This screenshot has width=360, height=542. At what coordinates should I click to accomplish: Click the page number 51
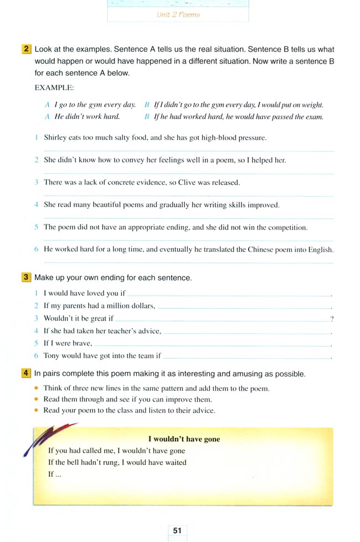[x=177, y=530]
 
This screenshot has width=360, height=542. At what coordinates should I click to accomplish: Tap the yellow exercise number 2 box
[x=27, y=49]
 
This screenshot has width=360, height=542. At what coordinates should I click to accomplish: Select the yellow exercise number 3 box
[x=27, y=277]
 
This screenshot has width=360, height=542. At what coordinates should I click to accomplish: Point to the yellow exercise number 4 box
[x=27, y=374]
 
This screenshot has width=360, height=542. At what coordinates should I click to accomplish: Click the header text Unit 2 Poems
[x=178, y=15]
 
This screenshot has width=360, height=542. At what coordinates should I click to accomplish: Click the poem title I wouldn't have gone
[x=187, y=439]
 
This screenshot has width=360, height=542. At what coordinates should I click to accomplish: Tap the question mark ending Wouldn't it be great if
[x=331, y=318]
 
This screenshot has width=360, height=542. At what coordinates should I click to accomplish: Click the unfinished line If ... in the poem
[x=54, y=474]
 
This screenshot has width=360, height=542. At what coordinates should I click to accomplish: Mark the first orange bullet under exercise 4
[x=37, y=388]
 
